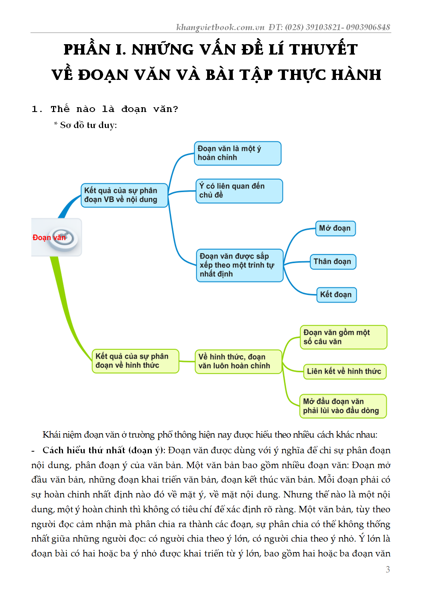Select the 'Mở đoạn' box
tap(335, 228)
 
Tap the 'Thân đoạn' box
tap(332, 262)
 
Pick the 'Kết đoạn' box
tap(336, 295)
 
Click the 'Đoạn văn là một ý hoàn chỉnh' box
tap(238, 153)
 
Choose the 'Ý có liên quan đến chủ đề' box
tap(239, 191)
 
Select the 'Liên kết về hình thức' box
tap(344, 371)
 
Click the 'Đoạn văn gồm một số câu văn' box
tap(343, 337)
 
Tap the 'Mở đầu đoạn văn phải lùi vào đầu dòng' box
tap(343, 406)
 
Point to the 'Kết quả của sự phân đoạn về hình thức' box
tap(135, 361)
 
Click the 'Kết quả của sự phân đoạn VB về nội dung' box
tap(124, 195)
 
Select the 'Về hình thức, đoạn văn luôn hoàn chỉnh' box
tap(238, 361)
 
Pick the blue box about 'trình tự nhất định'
tap(240, 265)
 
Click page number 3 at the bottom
tap(388, 569)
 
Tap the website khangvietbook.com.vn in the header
tap(220, 27)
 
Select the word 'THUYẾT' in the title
tap(323, 49)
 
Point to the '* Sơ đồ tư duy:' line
tap(85, 125)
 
